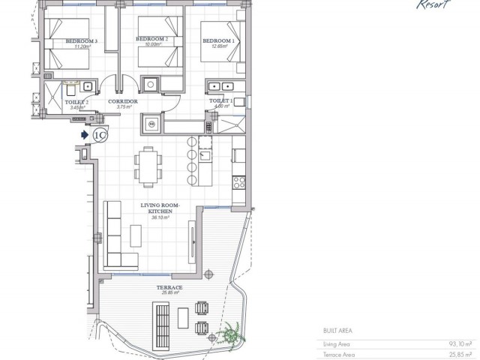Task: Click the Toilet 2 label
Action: tap(76, 102)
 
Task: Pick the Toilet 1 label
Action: tap(221, 100)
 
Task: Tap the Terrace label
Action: tap(169, 287)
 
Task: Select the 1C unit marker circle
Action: tap(102, 134)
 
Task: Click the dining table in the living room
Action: tap(148, 164)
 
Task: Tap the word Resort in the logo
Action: tap(433, 4)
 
